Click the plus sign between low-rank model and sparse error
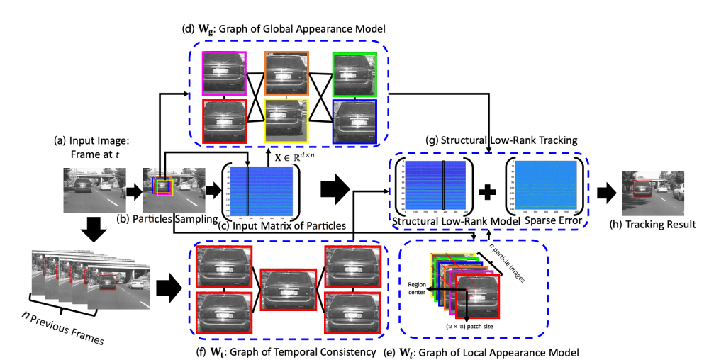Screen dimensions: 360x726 [x=488, y=192]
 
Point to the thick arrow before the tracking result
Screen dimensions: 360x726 [x=606, y=191]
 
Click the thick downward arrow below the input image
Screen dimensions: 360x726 [x=95, y=228]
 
